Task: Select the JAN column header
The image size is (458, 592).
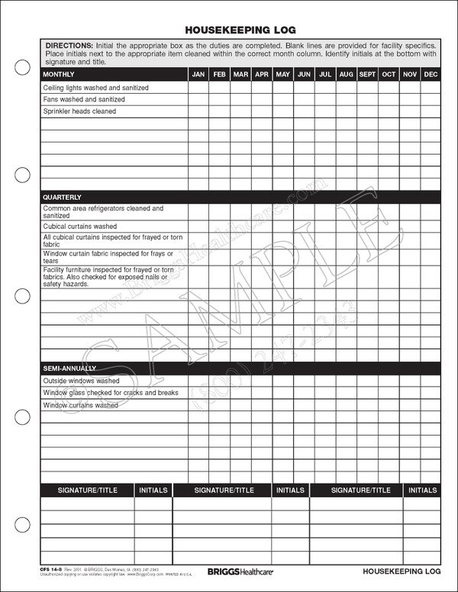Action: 198,74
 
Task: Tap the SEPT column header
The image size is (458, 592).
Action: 367,74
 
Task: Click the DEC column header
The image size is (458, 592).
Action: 431,74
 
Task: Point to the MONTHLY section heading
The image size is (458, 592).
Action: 59,74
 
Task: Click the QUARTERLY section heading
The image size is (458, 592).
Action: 62,197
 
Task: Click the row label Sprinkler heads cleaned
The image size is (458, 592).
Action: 79,111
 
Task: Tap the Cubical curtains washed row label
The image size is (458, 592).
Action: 79,227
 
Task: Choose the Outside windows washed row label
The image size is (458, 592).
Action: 81,381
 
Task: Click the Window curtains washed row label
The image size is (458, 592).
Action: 80,405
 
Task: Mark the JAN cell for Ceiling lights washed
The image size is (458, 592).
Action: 198,88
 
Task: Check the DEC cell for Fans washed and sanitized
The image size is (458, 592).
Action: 431,99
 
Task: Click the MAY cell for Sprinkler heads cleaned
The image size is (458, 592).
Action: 282,111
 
